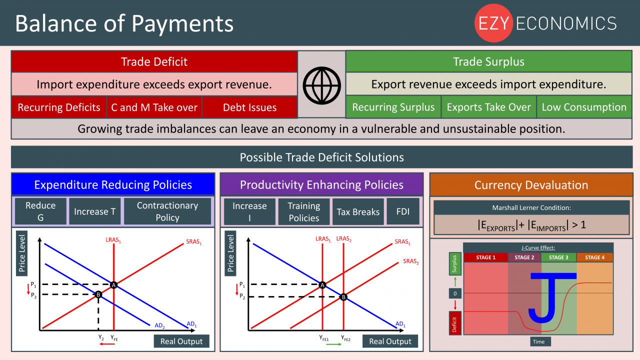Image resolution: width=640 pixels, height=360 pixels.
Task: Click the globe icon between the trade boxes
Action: point(321,85)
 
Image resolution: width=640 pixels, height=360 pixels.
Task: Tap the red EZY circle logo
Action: point(493,23)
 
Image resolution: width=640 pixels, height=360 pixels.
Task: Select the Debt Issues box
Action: point(249,107)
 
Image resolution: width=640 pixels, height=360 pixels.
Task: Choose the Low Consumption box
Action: point(584,107)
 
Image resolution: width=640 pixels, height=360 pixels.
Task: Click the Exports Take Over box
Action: point(488,107)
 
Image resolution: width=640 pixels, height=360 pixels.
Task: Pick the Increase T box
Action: point(95,211)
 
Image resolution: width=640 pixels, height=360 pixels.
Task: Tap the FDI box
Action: point(403,211)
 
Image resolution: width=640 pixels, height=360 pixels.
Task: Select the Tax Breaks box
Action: point(358,211)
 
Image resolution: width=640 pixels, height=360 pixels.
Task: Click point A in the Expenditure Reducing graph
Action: point(113,285)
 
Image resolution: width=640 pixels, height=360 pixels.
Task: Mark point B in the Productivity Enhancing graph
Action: point(343,297)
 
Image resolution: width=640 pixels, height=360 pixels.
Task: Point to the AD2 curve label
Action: point(159,325)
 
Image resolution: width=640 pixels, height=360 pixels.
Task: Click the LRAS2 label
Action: point(343,239)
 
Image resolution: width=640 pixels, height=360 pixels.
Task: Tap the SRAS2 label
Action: point(411,261)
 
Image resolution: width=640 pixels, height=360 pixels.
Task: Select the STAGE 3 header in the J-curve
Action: point(558,257)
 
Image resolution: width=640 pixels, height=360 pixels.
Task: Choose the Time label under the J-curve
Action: point(538,341)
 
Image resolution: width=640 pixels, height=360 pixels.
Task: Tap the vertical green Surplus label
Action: point(455,263)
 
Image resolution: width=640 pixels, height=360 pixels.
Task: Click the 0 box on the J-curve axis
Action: point(455,293)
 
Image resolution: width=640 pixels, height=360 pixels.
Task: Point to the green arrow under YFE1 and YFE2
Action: point(333,344)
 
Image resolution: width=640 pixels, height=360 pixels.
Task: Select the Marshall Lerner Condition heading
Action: point(531,207)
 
